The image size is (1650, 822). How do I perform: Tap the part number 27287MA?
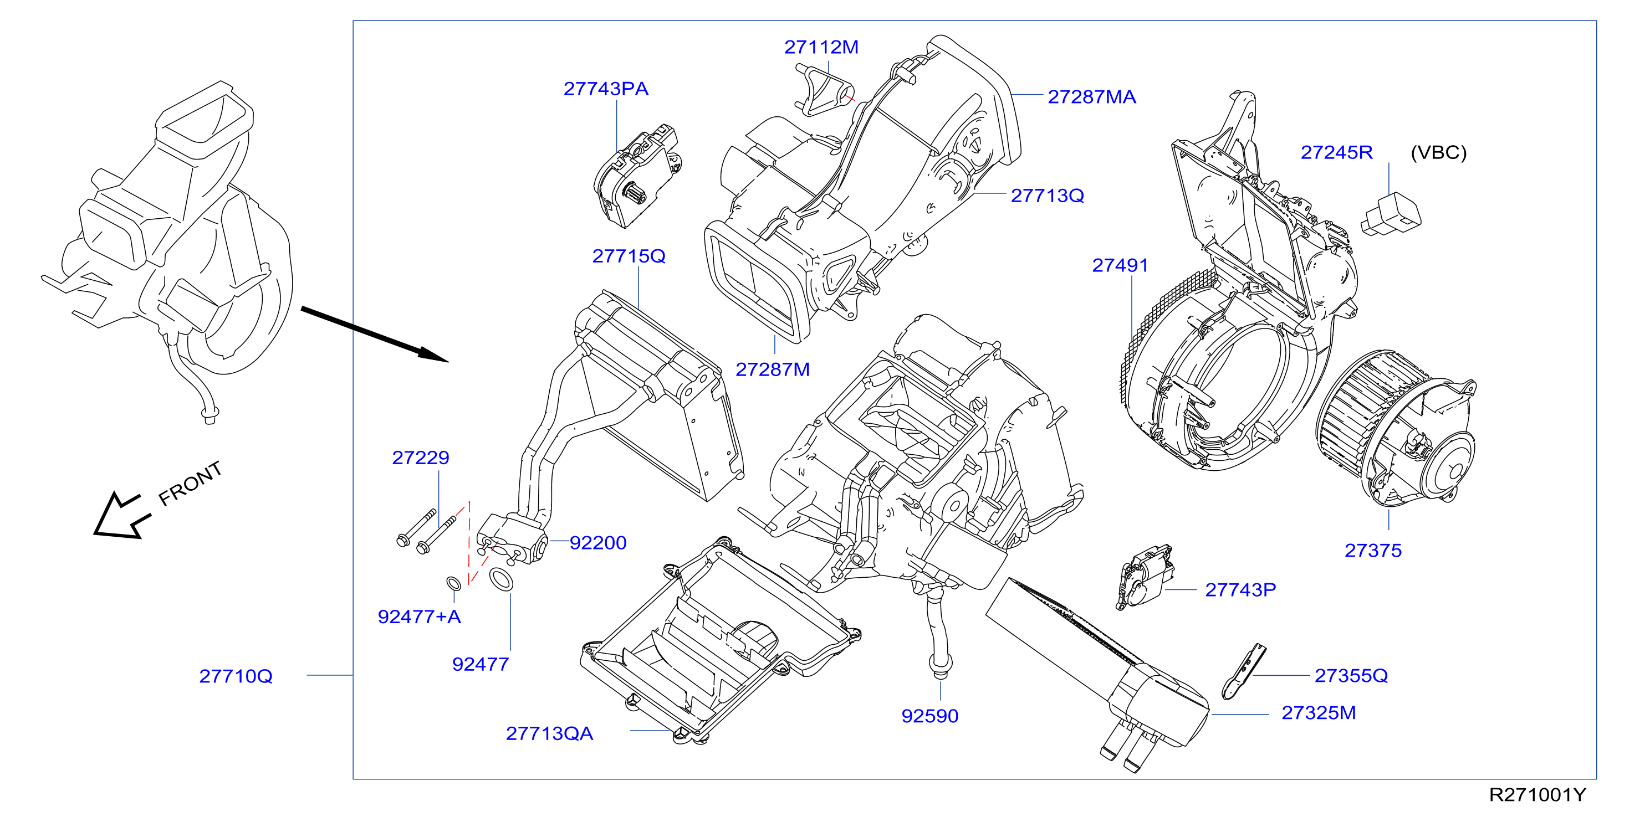point(1091,97)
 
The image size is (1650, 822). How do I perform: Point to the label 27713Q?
point(1048,196)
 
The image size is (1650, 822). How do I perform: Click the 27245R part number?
point(1337,152)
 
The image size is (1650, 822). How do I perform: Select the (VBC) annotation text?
point(1439,152)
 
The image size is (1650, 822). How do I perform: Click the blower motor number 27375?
point(1373,551)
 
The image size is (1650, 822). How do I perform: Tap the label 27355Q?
point(1351,675)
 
